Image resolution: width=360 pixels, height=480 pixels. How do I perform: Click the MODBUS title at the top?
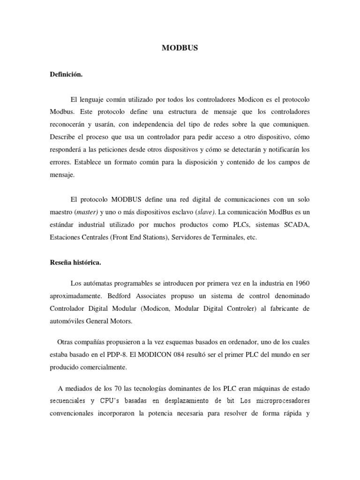pos(180,48)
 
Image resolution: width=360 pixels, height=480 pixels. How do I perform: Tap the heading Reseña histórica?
pos(75,263)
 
